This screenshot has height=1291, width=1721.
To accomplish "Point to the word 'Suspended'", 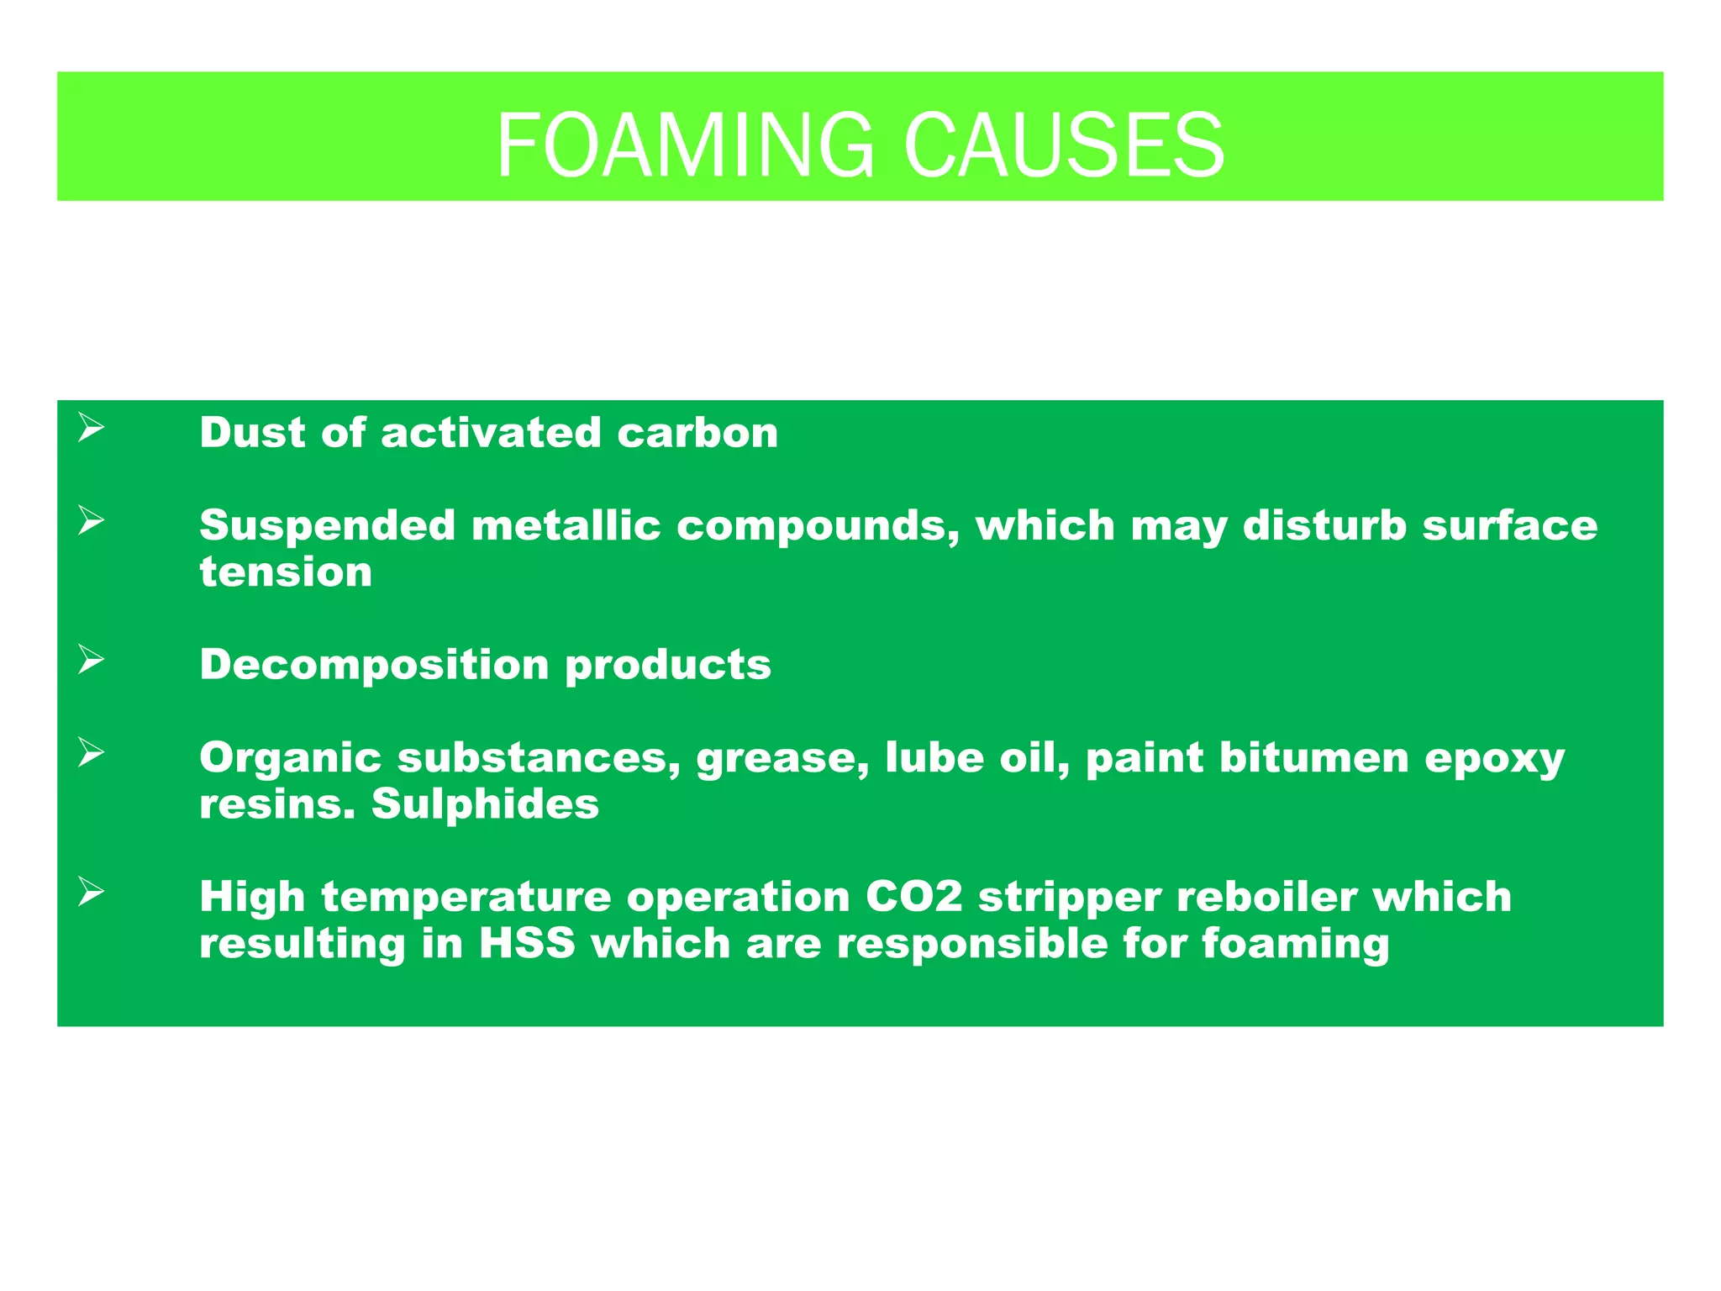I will point(327,525).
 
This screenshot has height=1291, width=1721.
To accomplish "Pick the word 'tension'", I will point(286,572).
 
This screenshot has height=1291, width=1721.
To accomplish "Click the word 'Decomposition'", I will point(374,665).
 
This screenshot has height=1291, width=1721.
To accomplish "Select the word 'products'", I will point(668,665).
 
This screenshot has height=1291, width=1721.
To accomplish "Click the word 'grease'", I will point(782,758).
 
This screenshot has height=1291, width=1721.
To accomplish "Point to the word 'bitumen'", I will point(1313,757).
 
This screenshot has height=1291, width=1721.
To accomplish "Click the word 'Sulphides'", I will point(485,804).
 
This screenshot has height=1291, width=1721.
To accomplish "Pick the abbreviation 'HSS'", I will point(527,943).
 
